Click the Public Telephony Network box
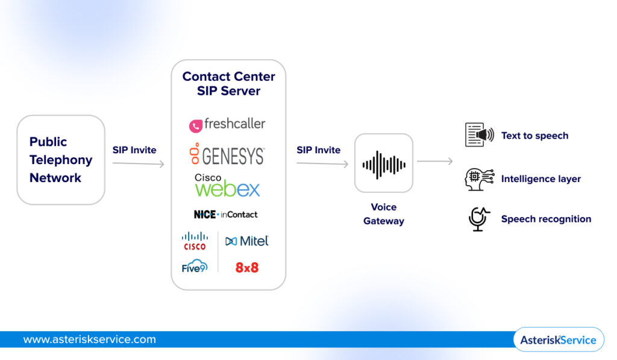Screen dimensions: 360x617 pos(61,160)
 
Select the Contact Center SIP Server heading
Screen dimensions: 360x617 pos(228,84)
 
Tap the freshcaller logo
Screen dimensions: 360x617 pos(227,124)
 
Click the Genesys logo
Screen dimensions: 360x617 pos(227,155)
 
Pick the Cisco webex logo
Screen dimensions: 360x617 pos(227,186)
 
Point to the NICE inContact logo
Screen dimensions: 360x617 pos(226,214)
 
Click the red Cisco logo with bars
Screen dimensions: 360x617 pos(195,241)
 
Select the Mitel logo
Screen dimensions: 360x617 pos(247,241)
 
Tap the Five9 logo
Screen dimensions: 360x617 pos(194,267)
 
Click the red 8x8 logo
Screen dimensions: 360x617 pos(247,267)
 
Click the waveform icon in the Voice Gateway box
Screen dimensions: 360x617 pos(384,163)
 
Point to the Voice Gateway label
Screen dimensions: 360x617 pos(384,214)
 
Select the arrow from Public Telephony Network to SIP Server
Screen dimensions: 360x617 pos(138,163)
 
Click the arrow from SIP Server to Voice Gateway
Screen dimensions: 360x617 pos(322,163)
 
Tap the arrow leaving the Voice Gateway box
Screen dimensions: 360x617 pos(434,161)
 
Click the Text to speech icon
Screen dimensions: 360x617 pos(479,135)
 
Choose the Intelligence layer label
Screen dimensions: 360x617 pos(540,179)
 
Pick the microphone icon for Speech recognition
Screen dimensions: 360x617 pos(478,219)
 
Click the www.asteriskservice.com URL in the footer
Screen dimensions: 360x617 pos(89,339)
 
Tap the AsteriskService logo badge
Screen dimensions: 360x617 pos(558,339)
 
